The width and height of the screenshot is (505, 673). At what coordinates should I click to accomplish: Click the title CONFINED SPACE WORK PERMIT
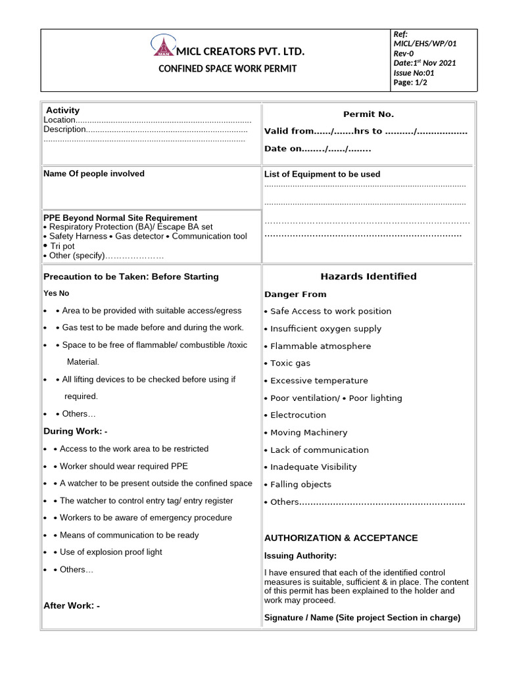pyautogui.click(x=228, y=68)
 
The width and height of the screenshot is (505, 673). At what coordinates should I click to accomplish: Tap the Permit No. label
pyautogui.click(x=368, y=114)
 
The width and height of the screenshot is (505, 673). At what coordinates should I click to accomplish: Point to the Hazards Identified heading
pyautogui.click(x=368, y=277)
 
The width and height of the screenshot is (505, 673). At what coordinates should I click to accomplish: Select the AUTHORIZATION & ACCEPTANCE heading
pyautogui.click(x=341, y=538)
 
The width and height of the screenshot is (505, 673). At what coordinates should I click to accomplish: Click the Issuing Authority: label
pyautogui.click(x=300, y=556)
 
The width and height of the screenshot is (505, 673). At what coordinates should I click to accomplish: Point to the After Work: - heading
pyautogui.click(x=72, y=606)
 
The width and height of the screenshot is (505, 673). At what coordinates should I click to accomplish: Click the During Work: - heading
pyautogui.click(x=75, y=432)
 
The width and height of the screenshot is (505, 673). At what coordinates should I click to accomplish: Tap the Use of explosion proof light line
pyautogui.click(x=110, y=552)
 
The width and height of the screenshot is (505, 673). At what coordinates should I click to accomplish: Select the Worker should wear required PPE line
pyautogui.click(x=124, y=466)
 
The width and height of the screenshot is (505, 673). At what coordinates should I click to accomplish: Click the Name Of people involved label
pyautogui.click(x=94, y=174)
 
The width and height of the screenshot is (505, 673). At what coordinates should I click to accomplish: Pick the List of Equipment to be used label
pyautogui.click(x=322, y=174)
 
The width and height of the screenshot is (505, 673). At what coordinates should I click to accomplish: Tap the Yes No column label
pyautogui.click(x=56, y=293)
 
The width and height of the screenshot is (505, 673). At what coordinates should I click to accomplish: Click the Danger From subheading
pyautogui.click(x=295, y=294)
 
